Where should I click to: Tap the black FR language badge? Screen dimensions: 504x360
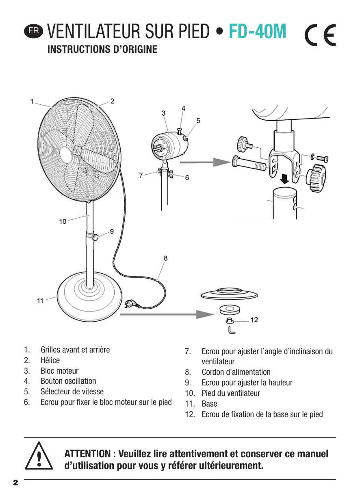tap(34, 31)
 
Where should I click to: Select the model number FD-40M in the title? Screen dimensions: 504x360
tap(258, 31)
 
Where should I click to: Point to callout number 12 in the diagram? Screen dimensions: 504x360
tap(254, 320)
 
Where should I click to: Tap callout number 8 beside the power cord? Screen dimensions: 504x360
tap(166, 258)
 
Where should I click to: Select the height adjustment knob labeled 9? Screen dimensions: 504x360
tap(95, 238)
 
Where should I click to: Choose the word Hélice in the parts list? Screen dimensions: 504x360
tap(50, 360)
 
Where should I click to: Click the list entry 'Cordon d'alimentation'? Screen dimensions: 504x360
tap(236, 372)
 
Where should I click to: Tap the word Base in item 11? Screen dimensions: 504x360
tap(209, 404)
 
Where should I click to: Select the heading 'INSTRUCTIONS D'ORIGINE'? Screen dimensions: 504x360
tap(102, 50)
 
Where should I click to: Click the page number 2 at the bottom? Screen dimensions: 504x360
tap(16, 483)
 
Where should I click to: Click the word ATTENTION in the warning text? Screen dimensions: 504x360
tap(87, 454)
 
